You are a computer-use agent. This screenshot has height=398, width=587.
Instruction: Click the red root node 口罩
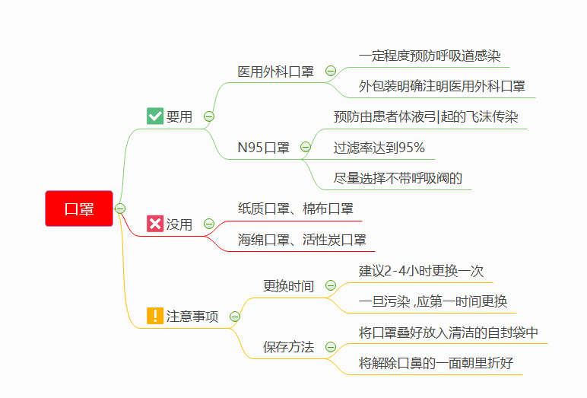[x=79, y=209]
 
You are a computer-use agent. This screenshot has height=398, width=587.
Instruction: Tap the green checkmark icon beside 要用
[x=155, y=116]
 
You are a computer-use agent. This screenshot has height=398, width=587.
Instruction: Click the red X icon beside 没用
[x=155, y=224]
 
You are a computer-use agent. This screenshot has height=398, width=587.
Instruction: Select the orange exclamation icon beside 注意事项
[x=155, y=316]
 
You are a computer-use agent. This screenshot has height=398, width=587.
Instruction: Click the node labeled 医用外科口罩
[x=275, y=72]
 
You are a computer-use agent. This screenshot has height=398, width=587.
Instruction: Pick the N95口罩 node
[x=264, y=148]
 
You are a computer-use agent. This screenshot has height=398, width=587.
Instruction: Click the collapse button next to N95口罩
[x=306, y=147]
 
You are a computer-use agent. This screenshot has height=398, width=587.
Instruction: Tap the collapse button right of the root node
[x=120, y=209]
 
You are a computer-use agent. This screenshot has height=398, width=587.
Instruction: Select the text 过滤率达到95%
[x=379, y=148]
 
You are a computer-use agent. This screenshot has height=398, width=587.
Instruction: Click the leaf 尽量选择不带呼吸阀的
[x=398, y=179]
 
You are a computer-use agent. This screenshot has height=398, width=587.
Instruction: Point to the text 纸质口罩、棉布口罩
[x=295, y=209]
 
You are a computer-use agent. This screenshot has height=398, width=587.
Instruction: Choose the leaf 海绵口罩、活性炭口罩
[x=302, y=240]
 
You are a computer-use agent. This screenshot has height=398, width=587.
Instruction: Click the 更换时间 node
[x=288, y=286]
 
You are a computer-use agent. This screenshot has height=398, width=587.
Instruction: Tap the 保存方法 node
[x=288, y=347]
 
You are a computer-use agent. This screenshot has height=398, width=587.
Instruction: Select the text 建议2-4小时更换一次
[x=420, y=271]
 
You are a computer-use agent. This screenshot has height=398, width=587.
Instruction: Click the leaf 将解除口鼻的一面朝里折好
[x=436, y=363]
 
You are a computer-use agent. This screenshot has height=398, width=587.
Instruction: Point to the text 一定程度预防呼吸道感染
[x=430, y=56]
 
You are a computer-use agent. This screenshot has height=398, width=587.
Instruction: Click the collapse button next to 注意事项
[x=235, y=316]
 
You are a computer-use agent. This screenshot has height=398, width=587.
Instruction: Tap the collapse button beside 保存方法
[x=331, y=347]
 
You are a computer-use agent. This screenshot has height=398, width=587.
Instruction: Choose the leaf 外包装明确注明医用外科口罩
[x=442, y=86]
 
